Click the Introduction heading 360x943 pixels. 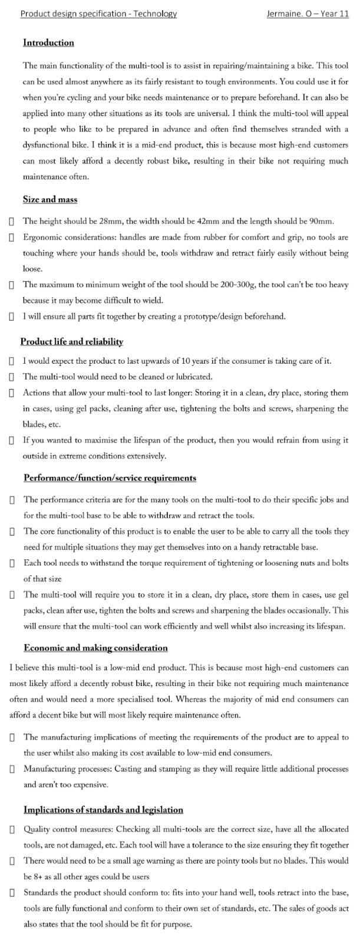tap(48, 42)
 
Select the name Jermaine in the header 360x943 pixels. tap(286, 14)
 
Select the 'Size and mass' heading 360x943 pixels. tap(50, 199)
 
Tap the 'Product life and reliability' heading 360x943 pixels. tap(71, 341)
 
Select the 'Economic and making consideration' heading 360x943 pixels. tap(95, 648)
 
